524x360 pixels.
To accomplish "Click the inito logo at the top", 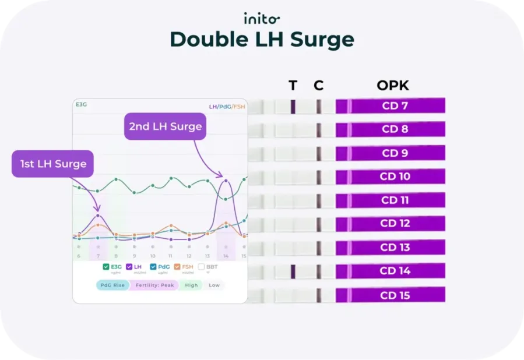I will (x=262, y=19).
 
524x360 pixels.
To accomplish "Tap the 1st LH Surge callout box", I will (x=53, y=164).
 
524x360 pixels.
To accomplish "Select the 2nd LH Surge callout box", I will (x=165, y=126).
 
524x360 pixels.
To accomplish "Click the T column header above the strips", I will (x=293, y=86).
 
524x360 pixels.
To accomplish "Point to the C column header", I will (x=318, y=86).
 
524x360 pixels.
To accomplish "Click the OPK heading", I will (x=392, y=86).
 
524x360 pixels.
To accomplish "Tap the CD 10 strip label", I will (x=395, y=177).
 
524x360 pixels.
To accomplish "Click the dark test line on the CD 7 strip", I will (x=293, y=107).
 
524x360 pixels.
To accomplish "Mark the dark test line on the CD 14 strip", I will (x=293, y=271).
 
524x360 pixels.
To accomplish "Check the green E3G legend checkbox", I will (x=105, y=267).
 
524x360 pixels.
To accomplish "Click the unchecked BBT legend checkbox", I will (x=202, y=267).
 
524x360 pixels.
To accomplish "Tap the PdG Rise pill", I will (x=113, y=285).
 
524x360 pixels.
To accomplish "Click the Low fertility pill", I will (x=214, y=285).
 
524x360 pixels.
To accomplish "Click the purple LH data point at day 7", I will (x=98, y=216).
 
